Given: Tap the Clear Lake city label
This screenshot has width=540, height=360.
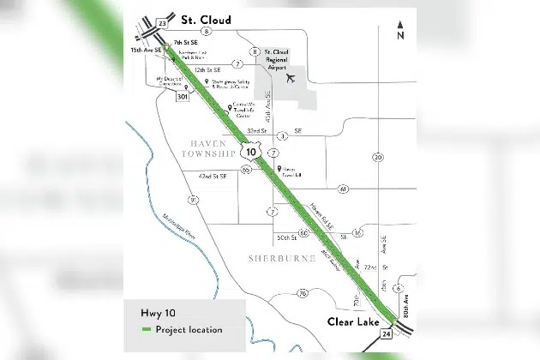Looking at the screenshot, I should [x=352, y=321].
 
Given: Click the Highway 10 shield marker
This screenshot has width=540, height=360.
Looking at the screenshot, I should [x=249, y=152].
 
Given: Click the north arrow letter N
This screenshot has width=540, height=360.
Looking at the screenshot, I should [x=400, y=36].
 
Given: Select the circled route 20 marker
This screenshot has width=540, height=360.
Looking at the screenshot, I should [x=377, y=157].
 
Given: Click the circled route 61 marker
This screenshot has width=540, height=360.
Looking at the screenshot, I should [x=342, y=189].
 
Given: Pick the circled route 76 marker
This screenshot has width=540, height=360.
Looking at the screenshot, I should [x=303, y=293].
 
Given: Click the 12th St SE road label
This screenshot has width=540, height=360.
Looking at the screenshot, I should [x=207, y=69].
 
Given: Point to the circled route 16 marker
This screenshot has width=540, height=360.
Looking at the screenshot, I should [x=357, y=232].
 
